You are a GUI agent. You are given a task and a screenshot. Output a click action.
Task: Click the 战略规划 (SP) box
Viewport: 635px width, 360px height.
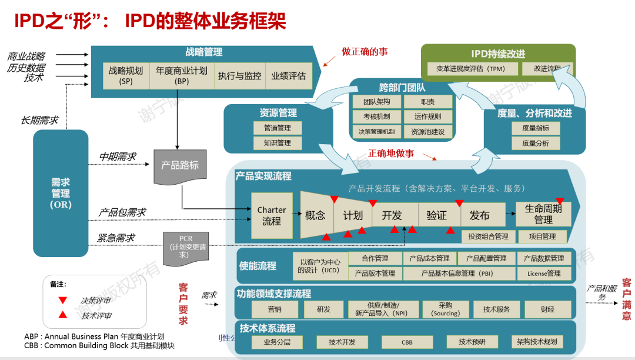(x=126, y=75)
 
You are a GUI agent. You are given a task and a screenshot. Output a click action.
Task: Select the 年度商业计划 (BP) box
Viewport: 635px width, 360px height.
(x=182, y=75)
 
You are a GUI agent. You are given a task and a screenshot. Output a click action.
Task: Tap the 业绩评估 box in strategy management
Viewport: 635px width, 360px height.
(x=288, y=76)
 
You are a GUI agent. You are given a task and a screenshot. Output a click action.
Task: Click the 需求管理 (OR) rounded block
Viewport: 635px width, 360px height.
(x=61, y=194)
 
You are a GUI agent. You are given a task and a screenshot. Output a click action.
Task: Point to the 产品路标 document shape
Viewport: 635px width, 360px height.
(x=180, y=167)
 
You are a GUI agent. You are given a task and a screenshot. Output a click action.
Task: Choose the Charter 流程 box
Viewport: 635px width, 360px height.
(x=272, y=216)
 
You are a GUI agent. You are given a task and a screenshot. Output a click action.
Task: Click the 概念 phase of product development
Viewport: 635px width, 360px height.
(x=316, y=215)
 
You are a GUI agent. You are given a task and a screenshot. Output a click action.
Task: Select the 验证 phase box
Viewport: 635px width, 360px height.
(x=437, y=215)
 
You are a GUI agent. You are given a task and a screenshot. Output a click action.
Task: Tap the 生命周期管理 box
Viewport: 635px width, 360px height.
(x=543, y=214)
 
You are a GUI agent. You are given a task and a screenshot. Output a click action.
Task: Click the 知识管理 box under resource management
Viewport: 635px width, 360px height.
(x=276, y=143)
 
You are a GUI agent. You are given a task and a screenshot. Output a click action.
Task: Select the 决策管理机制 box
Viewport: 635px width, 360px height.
(x=377, y=132)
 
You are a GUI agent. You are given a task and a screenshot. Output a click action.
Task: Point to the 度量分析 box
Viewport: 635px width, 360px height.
(x=536, y=143)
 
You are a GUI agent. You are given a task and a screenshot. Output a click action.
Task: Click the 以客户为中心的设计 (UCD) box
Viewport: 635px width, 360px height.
(x=320, y=266)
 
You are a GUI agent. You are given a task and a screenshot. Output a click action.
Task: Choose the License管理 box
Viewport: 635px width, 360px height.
(x=544, y=274)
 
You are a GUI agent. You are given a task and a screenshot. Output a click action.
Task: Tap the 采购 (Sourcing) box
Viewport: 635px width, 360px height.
(x=446, y=309)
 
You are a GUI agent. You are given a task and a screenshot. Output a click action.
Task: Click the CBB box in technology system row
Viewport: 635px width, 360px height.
(x=407, y=342)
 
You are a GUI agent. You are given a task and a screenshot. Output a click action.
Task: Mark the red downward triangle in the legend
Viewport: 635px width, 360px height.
(x=62, y=300)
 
